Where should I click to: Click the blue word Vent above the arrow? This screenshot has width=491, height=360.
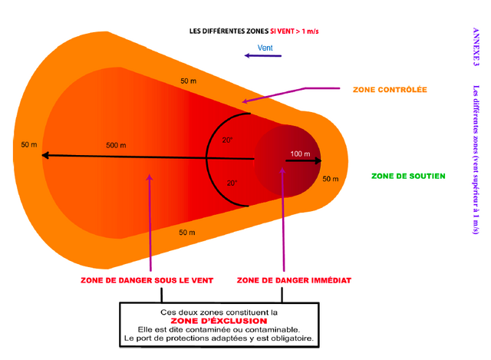click(x=265, y=48)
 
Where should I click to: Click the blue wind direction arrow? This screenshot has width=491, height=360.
click(x=262, y=56)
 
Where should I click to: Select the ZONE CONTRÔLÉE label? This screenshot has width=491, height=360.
click(x=390, y=90)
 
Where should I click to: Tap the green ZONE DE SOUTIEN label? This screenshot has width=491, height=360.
click(x=408, y=176)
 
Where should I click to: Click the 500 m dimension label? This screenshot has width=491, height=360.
click(x=116, y=145)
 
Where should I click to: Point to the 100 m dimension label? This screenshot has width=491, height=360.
click(x=300, y=154)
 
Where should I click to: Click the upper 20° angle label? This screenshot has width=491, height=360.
click(x=227, y=140)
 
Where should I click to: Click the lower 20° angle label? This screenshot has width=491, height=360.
click(x=232, y=183)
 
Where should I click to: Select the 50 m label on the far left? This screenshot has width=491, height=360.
click(x=29, y=145)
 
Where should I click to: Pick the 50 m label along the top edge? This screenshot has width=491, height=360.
click(x=189, y=81)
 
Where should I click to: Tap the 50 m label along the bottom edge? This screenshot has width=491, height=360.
click(x=187, y=233)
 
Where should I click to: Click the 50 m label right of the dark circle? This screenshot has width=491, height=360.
click(x=331, y=179)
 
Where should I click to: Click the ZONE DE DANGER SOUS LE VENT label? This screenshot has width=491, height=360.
click(x=147, y=280)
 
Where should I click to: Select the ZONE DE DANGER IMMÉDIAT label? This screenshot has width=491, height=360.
click(x=294, y=280)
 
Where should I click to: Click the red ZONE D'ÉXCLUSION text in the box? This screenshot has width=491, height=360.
click(x=219, y=321)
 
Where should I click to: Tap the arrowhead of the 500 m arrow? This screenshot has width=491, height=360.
click(x=44, y=155)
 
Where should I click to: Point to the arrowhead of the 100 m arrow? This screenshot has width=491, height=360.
click(x=318, y=160)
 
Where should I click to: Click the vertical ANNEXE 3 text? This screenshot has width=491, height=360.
click(x=476, y=47)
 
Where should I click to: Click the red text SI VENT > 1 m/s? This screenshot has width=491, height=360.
click(x=295, y=31)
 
